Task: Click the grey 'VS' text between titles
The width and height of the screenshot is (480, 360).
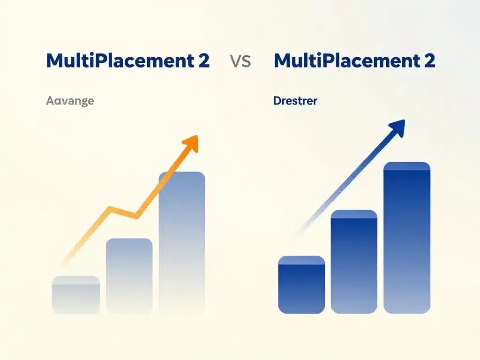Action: click(241, 61)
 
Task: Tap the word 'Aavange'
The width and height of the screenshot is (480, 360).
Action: click(70, 100)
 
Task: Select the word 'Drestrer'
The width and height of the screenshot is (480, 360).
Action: click(295, 100)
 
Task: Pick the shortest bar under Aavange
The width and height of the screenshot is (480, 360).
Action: click(75, 295)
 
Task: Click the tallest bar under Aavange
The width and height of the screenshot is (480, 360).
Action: click(182, 241)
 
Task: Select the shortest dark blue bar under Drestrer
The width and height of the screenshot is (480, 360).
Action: click(301, 286)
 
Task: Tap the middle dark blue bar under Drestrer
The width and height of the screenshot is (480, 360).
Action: click(354, 262)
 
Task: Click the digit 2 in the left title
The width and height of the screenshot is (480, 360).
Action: click(203, 61)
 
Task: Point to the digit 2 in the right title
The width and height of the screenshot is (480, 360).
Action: click(428, 61)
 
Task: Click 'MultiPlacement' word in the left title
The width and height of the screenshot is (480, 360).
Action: click(119, 61)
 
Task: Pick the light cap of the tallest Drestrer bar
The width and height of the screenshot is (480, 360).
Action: click(407, 166)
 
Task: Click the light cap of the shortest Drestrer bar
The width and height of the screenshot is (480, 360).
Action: click(301, 260)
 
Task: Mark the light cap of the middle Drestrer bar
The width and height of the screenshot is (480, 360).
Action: click(354, 214)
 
